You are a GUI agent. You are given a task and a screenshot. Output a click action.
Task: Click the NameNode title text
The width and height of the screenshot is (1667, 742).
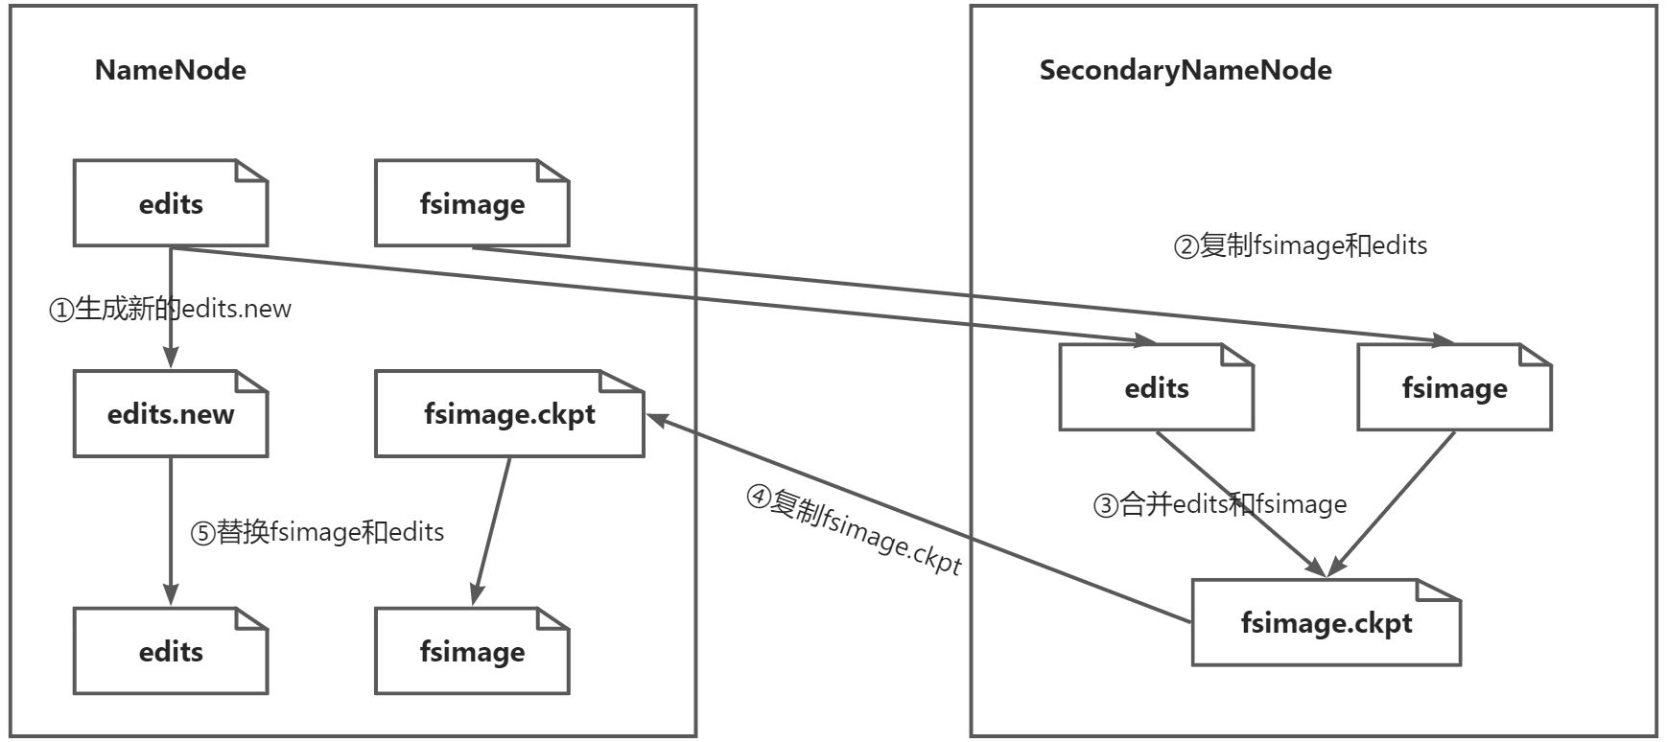(x=170, y=70)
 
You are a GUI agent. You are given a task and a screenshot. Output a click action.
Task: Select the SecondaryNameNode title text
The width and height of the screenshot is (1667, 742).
(x=1185, y=70)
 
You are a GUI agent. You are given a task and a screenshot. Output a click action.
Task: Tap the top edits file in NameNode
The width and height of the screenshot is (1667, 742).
(x=170, y=203)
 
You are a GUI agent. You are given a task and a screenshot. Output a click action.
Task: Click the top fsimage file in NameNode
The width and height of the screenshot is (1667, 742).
(x=471, y=203)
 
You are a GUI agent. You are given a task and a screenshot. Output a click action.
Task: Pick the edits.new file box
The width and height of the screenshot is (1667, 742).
(x=170, y=414)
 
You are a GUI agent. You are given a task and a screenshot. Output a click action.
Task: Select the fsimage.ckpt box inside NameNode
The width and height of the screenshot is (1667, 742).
(x=508, y=414)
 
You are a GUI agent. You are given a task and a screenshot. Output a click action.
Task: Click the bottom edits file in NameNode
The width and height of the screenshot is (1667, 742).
(x=170, y=652)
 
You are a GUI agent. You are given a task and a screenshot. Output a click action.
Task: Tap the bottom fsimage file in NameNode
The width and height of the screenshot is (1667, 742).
(x=471, y=652)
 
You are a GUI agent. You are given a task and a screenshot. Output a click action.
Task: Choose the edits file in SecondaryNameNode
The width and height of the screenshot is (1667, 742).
(x=1156, y=387)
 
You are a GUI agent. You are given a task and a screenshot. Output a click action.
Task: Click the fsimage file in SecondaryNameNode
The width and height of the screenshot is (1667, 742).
(x=1453, y=387)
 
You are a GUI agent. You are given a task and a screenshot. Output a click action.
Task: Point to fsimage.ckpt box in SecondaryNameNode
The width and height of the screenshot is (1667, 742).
(x=1326, y=623)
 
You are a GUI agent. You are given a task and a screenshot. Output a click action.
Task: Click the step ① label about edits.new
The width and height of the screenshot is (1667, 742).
(x=170, y=309)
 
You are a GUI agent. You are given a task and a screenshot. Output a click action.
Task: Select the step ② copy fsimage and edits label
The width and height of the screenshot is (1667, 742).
(x=1300, y=245)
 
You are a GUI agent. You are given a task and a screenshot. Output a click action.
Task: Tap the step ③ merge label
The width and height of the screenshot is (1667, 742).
(x=1219, y=504)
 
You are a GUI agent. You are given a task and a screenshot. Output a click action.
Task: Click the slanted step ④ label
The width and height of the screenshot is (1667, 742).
(x=854, y=529)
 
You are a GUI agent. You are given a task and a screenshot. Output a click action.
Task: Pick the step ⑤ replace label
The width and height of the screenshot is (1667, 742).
(x=317, y=531)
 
